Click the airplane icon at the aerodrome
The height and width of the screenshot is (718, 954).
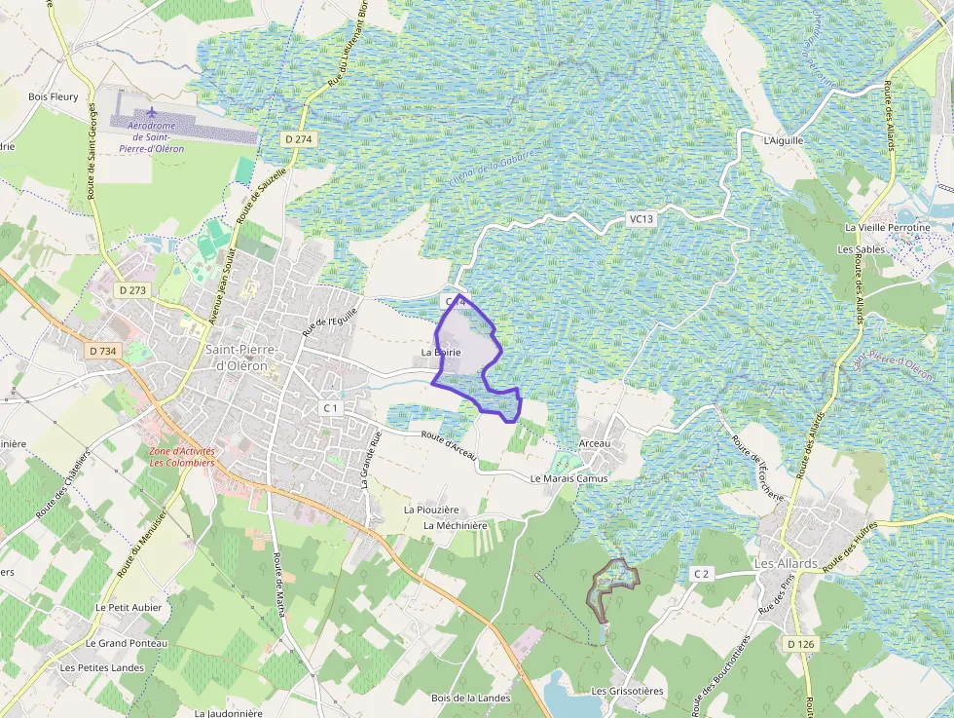tap(151, 112)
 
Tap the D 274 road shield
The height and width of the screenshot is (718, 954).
tap(299, 139)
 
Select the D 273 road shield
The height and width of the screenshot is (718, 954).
tap(131, 290)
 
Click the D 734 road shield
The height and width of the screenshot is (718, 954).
tap(100, 350)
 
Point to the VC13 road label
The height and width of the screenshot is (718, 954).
tap(642, 219)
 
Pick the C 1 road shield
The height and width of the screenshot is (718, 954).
tap(330, 407)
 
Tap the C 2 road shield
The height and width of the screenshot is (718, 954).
tap(702, 574)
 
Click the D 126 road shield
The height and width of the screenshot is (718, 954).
tap(800, 644)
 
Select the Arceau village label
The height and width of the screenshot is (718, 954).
tap(594, 444)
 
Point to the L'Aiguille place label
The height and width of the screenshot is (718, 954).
tap(784, 140)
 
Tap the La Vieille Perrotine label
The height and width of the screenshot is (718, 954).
tap(887, 228)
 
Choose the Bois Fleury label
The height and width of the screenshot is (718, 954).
tap(53, 96)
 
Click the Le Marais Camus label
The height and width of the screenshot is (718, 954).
tap(569, 478)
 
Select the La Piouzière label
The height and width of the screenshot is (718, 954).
tap(431, 510)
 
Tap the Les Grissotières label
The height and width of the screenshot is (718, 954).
tap(627, 691)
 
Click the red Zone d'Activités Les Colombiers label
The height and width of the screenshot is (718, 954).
tap(182, 457)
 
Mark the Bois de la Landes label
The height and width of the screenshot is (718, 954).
tap(470, 698)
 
